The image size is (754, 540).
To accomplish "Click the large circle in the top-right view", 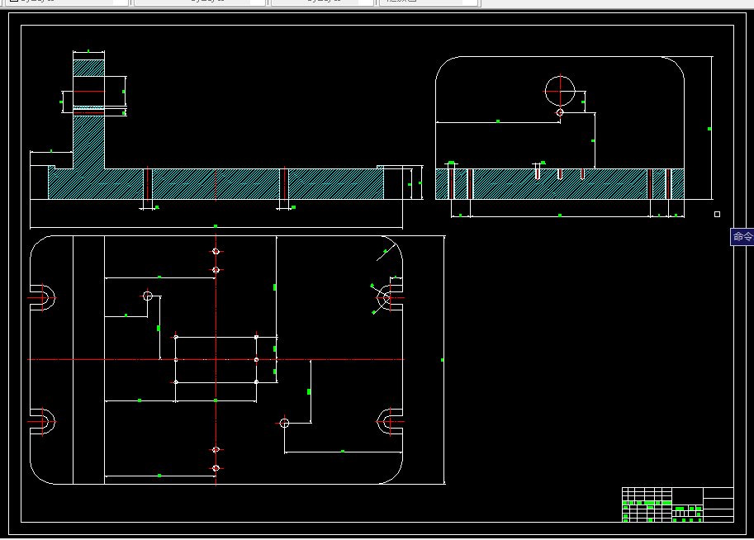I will pyautogui.click(x=560, y=90).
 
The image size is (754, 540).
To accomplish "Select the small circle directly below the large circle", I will pyautogui.click(x=560, y=112).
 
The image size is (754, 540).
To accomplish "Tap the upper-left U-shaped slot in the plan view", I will pyautogui.click(x=42, y=297).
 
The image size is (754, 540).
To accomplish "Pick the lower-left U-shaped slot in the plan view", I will pyautogui.click(x=42, y=421).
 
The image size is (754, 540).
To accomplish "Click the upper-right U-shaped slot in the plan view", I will pyautogui.click(x=390, y=297).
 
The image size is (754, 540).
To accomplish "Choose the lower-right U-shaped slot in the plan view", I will pyautogui.click(x=390, y=421).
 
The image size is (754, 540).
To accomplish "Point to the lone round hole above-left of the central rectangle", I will pyautogui.click(x=148, y=296).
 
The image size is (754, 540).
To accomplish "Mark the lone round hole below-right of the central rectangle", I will pyautogui.click(x=284, y=423).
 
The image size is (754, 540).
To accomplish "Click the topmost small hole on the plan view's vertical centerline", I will pyautogui.click(x=216, y=251).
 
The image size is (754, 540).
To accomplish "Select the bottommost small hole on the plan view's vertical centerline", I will pyautogui.click(x=216, y=468).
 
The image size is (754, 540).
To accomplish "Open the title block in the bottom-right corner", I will pyautogui.click(x=677, y=504).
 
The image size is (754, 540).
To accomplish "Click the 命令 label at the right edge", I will pyautogui.click(x=742, y=237).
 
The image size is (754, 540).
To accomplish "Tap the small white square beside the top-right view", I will pyautogui.click(x=717, y=215).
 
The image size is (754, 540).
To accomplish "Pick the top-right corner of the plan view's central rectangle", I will pyautogui.click(x=257, y=337).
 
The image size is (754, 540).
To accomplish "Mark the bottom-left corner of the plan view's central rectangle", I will pyautogui.click(x=176, y=382).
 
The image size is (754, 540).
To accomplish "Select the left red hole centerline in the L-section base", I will pyautogui.click(x=148, y=185).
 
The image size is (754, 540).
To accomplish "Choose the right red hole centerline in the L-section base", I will pyautogui.click(x=284, y=185).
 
